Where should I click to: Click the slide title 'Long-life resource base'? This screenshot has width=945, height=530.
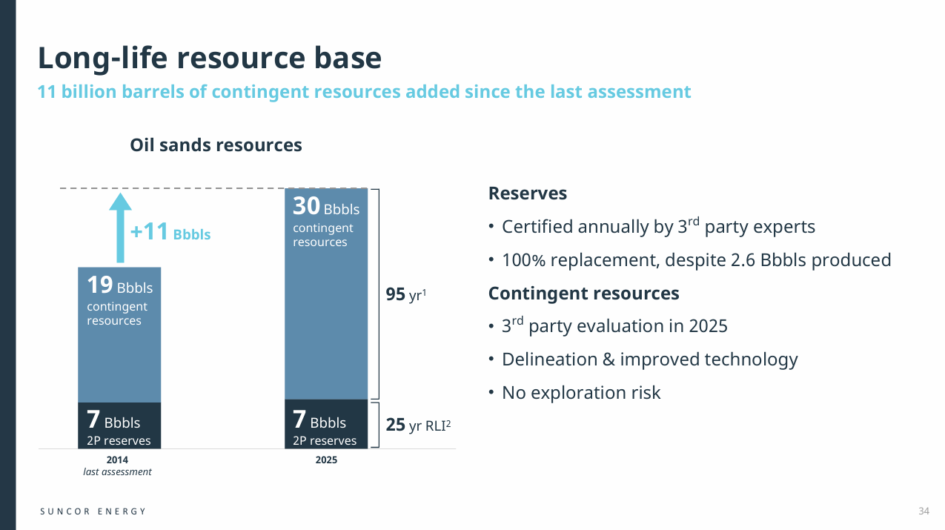click(210, 58)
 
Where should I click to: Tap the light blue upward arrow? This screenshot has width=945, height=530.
click(120, 226)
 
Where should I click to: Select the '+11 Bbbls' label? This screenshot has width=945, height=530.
click(170, 233)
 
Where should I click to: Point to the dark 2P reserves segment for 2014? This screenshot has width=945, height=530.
click(119, 425)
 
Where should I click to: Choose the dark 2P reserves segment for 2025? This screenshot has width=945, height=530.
click(326, 424)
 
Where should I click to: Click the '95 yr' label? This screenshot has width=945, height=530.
click(405, 295)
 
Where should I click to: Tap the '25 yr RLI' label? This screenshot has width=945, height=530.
click(418, 425)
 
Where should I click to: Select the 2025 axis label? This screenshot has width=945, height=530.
click(326, 460)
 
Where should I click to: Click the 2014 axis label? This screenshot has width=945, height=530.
click(117, 460)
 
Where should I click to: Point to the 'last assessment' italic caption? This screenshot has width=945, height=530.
click(117, 472)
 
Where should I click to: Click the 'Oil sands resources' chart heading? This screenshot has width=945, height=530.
click(216, 145)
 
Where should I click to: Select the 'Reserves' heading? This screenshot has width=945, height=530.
click(528, 193)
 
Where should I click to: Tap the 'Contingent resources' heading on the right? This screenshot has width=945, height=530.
click(583, 294)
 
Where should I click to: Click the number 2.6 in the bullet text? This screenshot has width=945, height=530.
click(757, 260)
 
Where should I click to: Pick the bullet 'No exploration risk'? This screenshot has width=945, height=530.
click(580, 393)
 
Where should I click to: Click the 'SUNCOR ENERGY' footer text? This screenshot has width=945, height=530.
click(93, 511)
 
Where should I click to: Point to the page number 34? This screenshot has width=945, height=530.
click(924, 511)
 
